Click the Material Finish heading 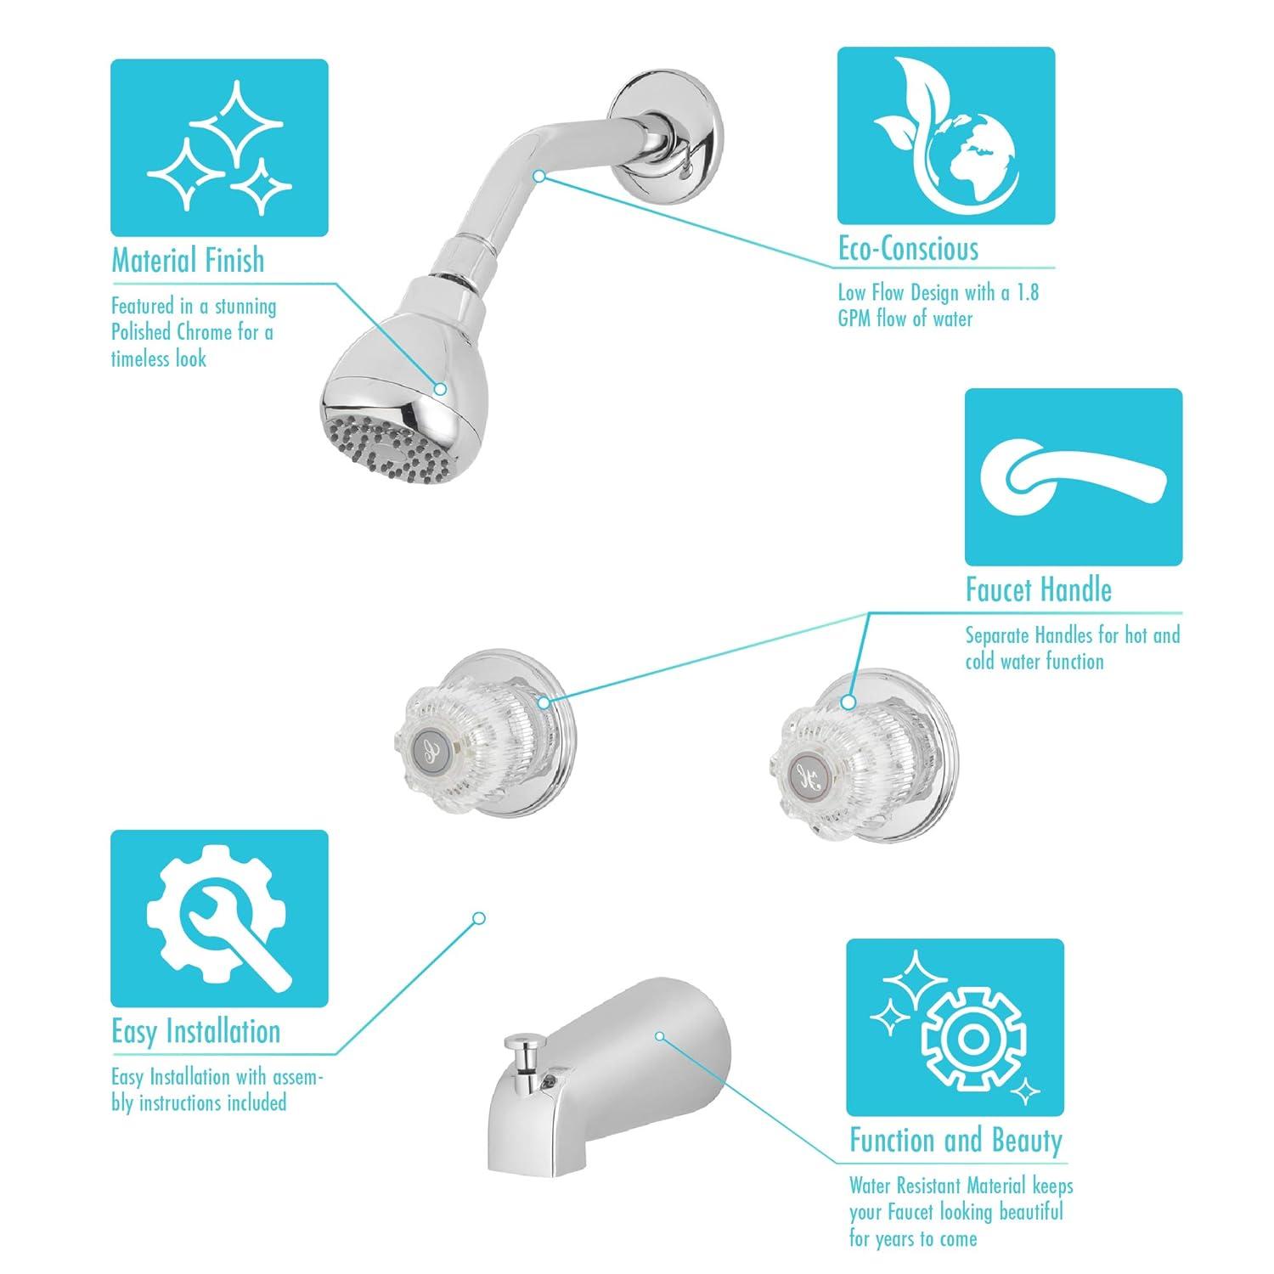point(188,261)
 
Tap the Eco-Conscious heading point(908,249)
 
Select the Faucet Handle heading point(1038,589)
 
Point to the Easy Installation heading point(195,1031)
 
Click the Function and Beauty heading point(956,1140)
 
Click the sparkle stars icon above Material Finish point(219,147)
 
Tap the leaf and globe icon point(945,135)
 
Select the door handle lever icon point(1073,476)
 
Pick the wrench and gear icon point(219,918)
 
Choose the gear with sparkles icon point(955,1027)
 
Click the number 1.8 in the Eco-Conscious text point(1027,294)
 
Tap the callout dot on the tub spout point(659,1036)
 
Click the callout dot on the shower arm point(538,176)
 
